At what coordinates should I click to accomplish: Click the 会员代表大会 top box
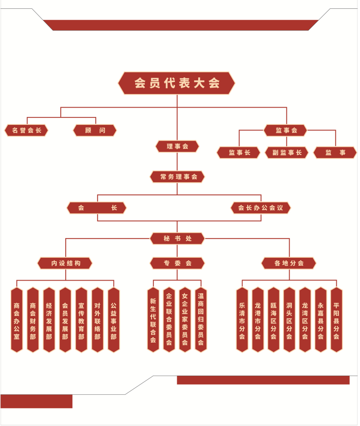click(176, 83)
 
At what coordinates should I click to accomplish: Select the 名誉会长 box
click(27, 131)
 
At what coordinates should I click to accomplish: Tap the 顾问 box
click(95, 131)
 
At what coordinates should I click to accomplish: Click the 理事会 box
click(177, 146)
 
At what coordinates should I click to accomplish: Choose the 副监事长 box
click(287, 153)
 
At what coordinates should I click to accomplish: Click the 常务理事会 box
click(177, 177)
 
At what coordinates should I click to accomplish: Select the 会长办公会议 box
click(261, 208)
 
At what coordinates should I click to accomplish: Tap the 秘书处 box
click(177, 239)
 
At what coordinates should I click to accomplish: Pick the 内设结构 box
click(65, 263)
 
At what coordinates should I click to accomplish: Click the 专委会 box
click(177, 263)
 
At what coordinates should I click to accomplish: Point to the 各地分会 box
click(289, 263)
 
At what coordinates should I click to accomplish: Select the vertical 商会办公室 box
click(17, 320)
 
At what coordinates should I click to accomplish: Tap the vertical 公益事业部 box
click(114, 320)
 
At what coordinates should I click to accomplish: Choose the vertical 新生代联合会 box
click(153, 320)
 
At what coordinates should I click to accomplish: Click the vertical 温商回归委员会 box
click(201, 320)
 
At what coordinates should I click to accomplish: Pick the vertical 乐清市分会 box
click(242, 320)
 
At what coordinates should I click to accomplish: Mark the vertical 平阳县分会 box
click(336, 320)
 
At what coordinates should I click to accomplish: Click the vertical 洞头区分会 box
click(289, 320)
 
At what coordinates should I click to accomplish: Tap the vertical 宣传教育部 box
click(81, 320)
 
